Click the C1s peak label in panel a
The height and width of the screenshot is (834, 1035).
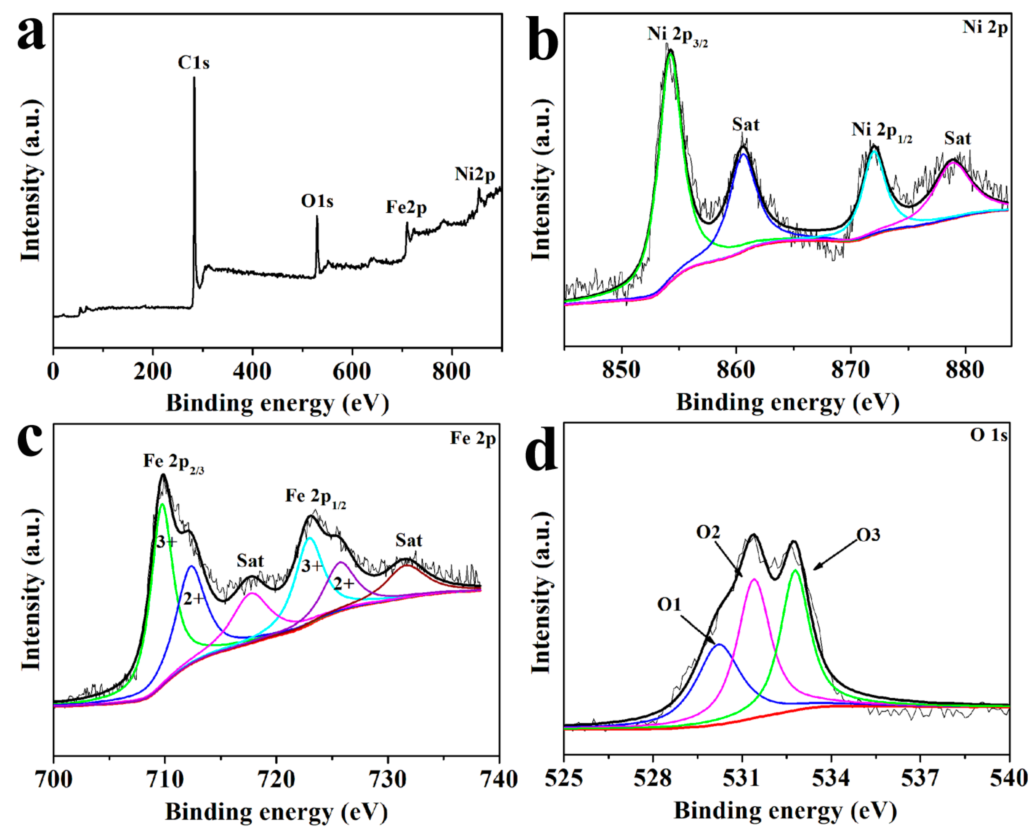(x=194, y=63)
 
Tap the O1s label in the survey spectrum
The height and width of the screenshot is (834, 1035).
(x=317, y=201)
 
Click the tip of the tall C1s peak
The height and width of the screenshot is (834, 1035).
(x=194, y=78)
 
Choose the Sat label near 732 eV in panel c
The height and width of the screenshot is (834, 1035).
(x=409, y=541)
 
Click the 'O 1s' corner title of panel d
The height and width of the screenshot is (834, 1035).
(x=988, y=435)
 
